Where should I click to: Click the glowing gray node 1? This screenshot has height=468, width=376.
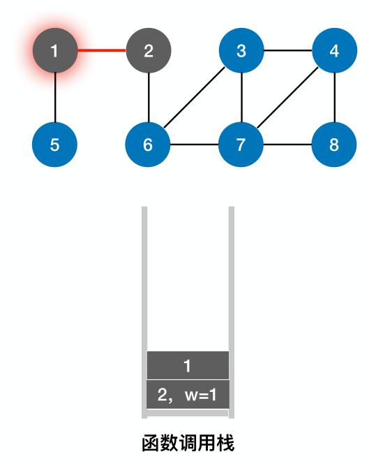coord(55,50)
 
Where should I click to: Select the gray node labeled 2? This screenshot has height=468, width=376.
coord(149,50)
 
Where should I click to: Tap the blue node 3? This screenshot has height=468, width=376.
coord(241,50)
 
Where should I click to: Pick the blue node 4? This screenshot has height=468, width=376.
coord(335,50)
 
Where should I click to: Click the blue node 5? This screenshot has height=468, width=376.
coord(55,145)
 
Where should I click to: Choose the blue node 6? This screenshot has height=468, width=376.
coord(148,145)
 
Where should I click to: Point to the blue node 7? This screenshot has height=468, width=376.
coord(241,145)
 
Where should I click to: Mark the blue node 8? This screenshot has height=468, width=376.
coord(335,145)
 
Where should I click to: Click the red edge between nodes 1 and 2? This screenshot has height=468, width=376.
coord(102,50)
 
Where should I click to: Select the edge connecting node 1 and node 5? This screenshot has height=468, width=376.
coord(55,98)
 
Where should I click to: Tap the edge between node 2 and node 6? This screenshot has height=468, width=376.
coord(149,98)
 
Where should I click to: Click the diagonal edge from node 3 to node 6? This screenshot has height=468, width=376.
coord(195,98)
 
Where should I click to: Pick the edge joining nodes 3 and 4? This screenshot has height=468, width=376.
coord(288,50)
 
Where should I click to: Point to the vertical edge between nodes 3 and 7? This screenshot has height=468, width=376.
coord(241,98)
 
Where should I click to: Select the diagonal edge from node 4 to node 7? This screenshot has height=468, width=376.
coord(288,98)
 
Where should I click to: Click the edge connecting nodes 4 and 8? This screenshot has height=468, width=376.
coord(335,98)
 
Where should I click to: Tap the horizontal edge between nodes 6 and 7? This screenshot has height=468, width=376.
coord(195,145)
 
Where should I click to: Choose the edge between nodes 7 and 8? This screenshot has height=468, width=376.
coord(288,145)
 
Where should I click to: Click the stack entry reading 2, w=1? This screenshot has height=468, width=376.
coord(188,395)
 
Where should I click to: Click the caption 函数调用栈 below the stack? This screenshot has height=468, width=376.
coord(188,443)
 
